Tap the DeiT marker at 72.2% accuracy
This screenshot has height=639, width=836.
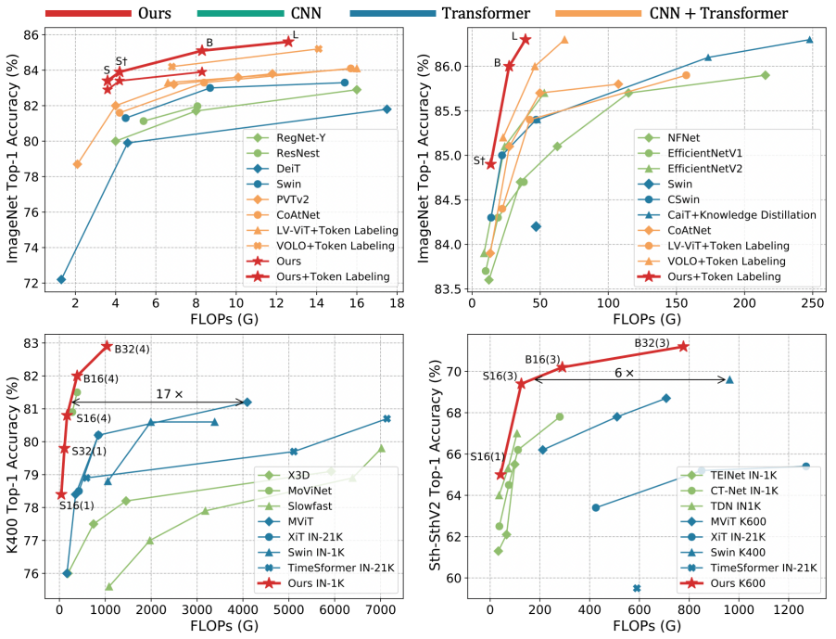61,279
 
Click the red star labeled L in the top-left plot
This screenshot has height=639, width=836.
288,42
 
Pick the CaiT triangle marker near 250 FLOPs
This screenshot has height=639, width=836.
809,40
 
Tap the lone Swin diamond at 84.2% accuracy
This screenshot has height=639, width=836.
536,226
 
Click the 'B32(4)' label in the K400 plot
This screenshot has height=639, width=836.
131,349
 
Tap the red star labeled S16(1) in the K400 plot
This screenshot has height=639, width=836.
61,494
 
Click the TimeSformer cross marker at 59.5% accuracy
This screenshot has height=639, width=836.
637,588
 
